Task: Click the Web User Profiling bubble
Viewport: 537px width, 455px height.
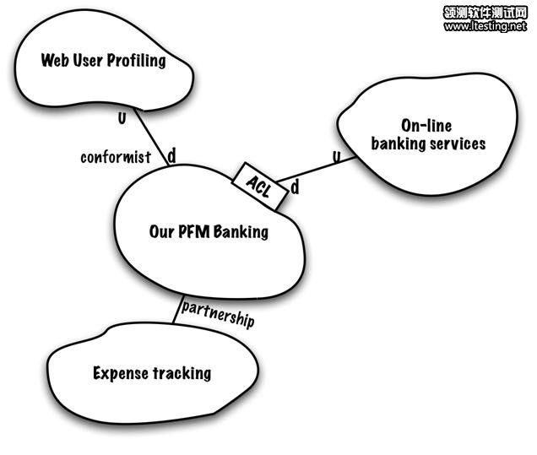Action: (101, 61)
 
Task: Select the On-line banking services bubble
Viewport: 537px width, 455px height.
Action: (427, 135)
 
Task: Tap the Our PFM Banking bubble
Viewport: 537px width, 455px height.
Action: (209, 230)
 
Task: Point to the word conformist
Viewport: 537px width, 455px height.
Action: (116, 157)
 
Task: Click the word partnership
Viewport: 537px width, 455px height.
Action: (218, 321)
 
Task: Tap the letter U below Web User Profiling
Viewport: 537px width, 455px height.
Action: (122, 117)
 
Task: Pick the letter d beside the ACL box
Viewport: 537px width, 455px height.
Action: (295, 187)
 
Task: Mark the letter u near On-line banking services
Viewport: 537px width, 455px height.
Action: (336, 156)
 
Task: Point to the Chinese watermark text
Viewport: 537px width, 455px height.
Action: (485, 12)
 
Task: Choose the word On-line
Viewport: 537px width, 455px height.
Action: (428, 126)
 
